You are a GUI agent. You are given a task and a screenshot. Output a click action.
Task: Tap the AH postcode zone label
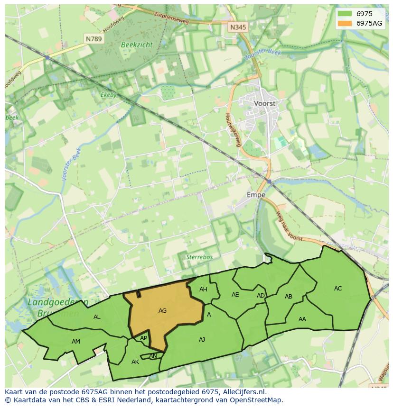(203, 290)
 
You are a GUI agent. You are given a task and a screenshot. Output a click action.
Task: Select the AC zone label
(338, 289)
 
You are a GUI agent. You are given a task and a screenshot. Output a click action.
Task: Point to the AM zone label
(76, 342)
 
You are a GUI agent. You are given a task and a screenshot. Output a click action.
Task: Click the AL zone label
(97, 317)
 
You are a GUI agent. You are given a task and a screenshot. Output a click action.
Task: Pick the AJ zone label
(202, 339)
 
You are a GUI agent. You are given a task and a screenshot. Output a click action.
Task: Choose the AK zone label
(135, 362)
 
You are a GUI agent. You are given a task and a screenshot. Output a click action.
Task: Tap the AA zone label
(302, 319)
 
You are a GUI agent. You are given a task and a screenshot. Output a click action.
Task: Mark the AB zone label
(289, 297)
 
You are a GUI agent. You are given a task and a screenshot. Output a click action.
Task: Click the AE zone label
(235, 295)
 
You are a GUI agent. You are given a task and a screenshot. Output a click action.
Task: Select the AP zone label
(143, 338)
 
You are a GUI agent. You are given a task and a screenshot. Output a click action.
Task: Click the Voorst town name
(265, 103)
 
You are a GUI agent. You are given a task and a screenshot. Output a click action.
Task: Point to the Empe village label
(256, 195)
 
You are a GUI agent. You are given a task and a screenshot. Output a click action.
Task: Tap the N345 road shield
(238, 27)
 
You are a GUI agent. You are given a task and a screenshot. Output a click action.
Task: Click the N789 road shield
(94, 39)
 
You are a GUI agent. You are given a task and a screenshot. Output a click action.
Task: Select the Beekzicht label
(137, 45)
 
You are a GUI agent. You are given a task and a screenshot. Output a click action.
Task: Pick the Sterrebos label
(199, 257)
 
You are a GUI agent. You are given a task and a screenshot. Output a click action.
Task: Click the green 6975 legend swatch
(345, 14)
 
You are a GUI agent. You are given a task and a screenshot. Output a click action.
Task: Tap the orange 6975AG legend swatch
(345, 23)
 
